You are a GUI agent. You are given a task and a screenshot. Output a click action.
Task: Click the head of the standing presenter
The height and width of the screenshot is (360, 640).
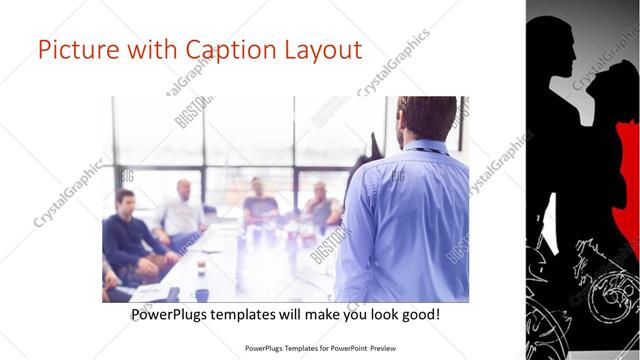(x=413, y=118)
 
